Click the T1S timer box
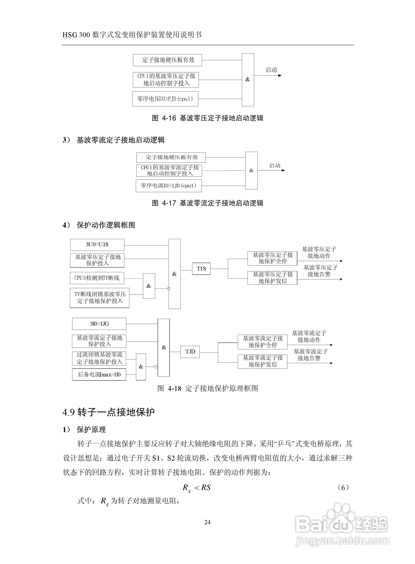(201, 269)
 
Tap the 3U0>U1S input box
(97, 244)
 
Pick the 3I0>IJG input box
(99, 324)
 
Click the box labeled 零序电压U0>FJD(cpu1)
(165, 99)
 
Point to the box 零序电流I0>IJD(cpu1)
(169, 186)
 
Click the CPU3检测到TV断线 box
(97, 278)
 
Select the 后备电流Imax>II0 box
(99, 374)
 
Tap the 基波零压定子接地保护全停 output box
(272, 258)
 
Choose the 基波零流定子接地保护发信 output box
(263, 361)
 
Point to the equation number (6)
(343, 488)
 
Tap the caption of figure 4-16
(207, 118)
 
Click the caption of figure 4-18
(207, 389)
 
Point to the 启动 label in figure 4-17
(275, 166)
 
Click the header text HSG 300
(76, 35)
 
